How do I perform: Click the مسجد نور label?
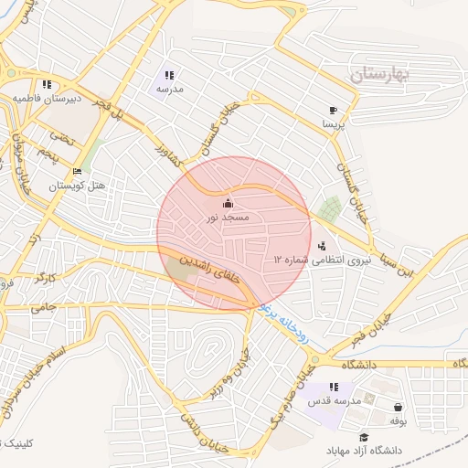pyautogui.click(x=229, y=218)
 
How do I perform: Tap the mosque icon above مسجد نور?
pyautogui.click(x=228, y=203)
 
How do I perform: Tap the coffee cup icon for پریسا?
pyautogui.click(x=333, y=109)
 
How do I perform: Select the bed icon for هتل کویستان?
pyautogui.click(x=78, y=171)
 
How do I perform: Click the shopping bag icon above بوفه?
pyautogui.click(x=398, y=407)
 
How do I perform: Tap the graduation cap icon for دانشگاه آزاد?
pyautogui.click(x=364, y=438)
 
